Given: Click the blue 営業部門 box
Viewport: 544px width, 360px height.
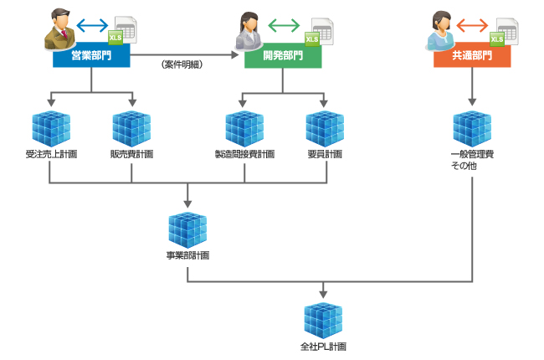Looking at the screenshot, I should pyautogui.click(x=91, y=56).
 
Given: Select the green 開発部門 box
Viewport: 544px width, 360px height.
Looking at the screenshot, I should pyautogui.click(x=283, y=56).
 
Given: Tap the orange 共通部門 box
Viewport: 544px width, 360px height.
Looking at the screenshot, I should pyautogui.click(x=472, y=56).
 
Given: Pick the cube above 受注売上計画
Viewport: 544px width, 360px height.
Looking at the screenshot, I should pyautogui.click(x=51, y=128).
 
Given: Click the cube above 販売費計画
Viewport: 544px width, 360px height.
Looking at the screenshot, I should pyautogui.click(x=131, y=128).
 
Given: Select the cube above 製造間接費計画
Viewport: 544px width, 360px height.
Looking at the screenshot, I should pyautogui.click(x=244, y=128).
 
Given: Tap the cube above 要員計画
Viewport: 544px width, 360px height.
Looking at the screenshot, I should pyautogui.click(x=325, y=128).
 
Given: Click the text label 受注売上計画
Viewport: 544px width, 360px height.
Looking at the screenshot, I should pyautogui.click(x=51, y=155).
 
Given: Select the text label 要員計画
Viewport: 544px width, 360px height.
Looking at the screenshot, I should pyautogui.click(x=325, y=155).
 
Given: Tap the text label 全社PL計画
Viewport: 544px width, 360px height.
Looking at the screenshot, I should pyautogui.click(x=323, y=347).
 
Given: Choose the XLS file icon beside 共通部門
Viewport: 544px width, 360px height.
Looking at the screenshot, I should pyautogui.click(x=504, y=31).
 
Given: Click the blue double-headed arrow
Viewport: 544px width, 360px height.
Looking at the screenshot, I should pyautogui.click(x=92, y=24).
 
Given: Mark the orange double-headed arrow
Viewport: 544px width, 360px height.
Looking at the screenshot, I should pyautogui.click(x=473, y=25).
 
